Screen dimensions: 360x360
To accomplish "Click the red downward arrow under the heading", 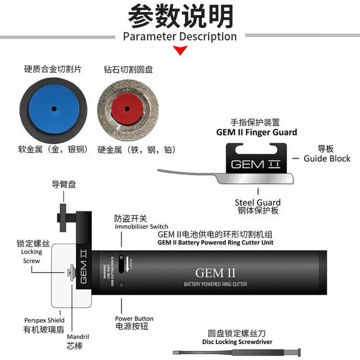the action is click(x=180, y=50).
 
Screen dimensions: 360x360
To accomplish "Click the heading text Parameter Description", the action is click(x=180, y=36).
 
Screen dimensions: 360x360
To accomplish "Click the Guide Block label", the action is click(x=327, y=158).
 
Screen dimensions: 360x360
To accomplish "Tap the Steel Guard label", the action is click(x=258, y=203).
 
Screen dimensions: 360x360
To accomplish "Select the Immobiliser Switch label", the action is click(x=142, y=227).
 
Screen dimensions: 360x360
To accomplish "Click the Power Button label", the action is click(x=134, y=319).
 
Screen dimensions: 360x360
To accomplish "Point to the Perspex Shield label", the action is click(x=44, y=320).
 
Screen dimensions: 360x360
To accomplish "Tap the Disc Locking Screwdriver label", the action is click(x=237, y=342).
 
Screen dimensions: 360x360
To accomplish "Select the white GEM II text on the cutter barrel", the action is click(x=216, y=273).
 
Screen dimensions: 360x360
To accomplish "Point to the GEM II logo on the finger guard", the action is click(x=255, y=164).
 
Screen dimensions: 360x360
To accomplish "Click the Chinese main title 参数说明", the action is click(x=180, y=15).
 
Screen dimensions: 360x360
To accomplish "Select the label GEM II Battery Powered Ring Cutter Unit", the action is click(x=216, y=242).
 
